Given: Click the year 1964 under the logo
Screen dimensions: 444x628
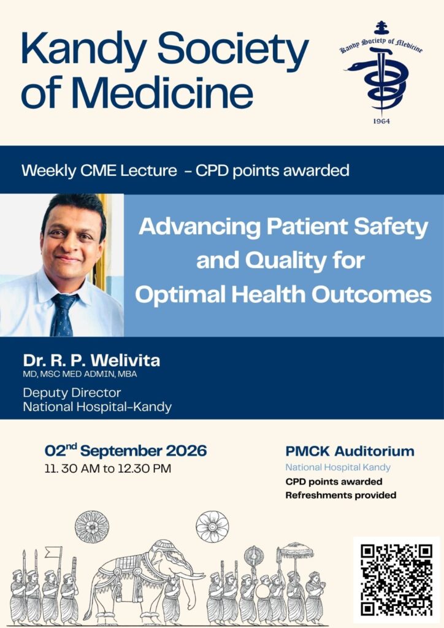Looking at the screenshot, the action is click(381, 121).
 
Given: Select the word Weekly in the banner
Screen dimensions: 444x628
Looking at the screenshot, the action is click(49, 170).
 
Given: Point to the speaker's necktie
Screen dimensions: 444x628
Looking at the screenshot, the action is click(63, 315).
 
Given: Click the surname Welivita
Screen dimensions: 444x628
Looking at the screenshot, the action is click(125, 361).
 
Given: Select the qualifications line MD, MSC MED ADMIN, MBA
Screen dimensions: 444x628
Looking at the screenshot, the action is click(80, 374).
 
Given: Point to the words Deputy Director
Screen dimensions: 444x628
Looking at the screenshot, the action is click(72, 392).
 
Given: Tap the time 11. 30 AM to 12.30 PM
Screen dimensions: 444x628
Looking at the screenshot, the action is click(108, 468).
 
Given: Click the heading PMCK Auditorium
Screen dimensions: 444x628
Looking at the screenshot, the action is click(350, 451).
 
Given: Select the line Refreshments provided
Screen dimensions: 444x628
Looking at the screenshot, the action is click(341, 496).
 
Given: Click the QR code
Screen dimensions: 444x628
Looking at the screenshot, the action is click(396, 580).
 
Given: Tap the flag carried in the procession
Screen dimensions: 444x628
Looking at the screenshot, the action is click(53, 552).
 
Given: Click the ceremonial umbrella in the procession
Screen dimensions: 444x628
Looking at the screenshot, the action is click(296, 551).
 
